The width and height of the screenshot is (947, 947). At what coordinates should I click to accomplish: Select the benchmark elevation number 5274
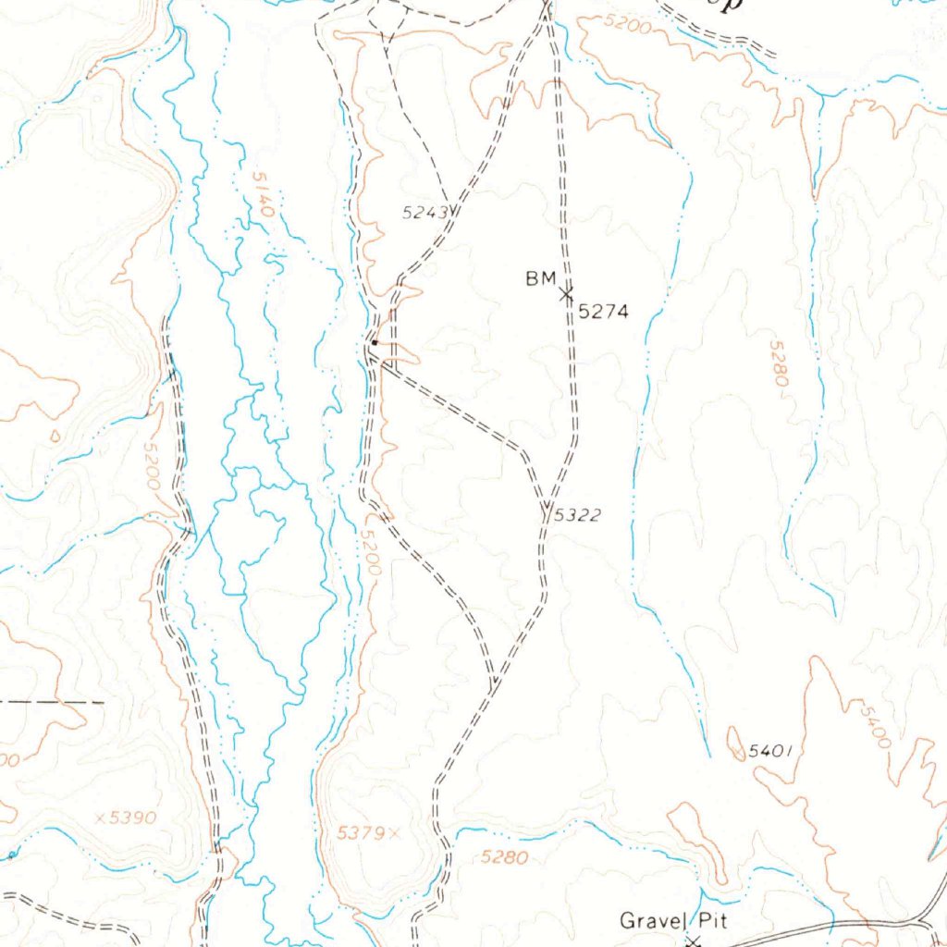point(603,313)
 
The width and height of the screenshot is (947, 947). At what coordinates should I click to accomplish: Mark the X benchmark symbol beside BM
point(566,294)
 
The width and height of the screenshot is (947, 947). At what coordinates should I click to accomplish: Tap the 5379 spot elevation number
point(359,833)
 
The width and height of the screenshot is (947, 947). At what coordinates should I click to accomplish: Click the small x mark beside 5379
point(394,833)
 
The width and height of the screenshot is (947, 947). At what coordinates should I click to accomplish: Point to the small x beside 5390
point(100,818)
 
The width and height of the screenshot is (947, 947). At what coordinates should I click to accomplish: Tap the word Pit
point(712,920)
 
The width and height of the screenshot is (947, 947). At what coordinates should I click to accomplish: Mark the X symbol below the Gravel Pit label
point(694,941)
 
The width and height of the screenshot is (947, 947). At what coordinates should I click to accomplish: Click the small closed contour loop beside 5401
point(736,744)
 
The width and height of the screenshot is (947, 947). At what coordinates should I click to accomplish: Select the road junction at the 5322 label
point(546,507)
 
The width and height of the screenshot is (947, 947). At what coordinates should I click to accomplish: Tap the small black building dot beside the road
point(374,343)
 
